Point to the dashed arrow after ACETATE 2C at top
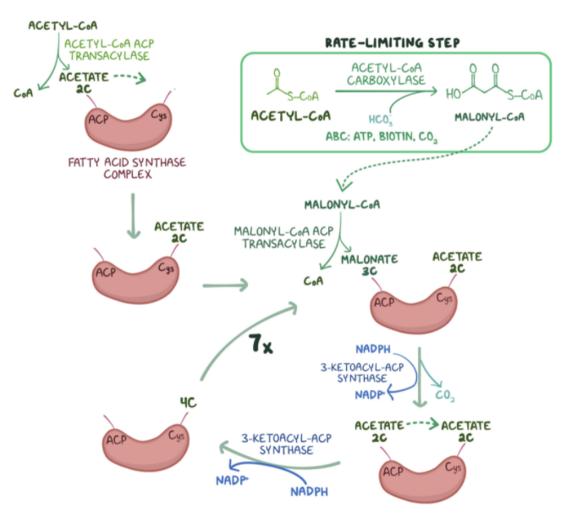(128, 78)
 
